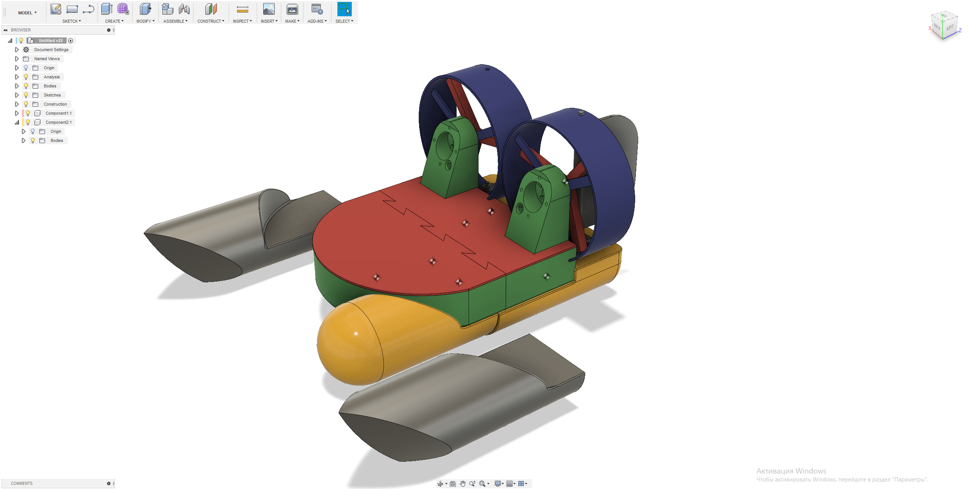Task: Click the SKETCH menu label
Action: pyautogui.click(x=71, y=21)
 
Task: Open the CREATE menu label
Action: pyautogui.click(x=114, y=21)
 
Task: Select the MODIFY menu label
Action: pyautogui.click(x=145, y=21)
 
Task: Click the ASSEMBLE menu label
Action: pyautogui.click(x=175, y=21)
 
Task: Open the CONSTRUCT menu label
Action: pyautogui.click(x=211, y=21)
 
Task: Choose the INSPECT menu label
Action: pyautogui.click(x=242, y=21)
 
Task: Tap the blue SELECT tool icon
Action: pyautogui.click(x=344, y=9)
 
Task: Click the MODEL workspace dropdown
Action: pyautogui.click(x=27, y=13)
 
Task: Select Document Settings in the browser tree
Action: pyautogui.click(x=51, y=50)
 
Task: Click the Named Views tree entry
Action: pyautogui.click(x=47, y=59)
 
